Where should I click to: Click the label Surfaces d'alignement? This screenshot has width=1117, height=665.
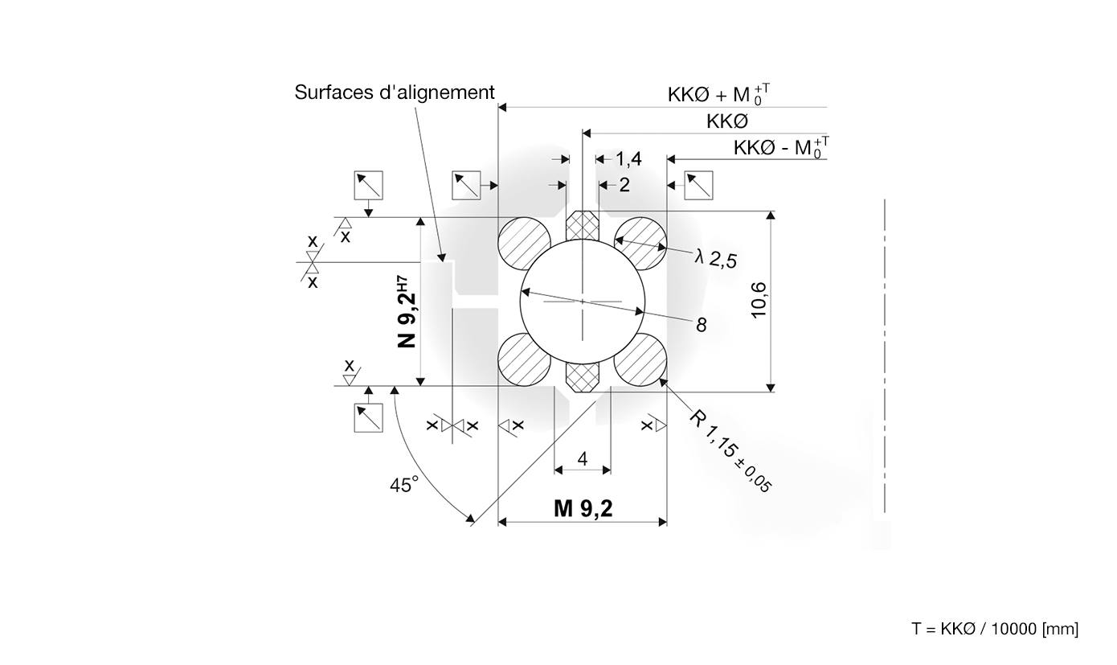(394, 92)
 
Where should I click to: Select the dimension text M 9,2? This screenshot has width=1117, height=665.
(583, 509)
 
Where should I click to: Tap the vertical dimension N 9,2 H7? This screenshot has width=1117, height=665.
(407, 312)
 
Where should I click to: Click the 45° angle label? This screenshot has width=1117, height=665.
(404, 485)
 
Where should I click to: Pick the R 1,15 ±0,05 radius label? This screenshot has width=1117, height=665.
(731, 450)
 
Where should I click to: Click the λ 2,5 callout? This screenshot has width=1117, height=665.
(716, 257)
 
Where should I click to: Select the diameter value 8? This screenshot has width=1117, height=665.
(702, 324)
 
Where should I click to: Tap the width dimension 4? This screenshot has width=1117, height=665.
(583, 458)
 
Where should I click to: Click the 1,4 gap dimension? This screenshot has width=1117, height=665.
(628, 159)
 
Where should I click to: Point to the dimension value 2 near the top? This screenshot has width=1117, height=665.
(624, 185)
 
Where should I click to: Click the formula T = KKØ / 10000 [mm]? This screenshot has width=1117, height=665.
(995, 629)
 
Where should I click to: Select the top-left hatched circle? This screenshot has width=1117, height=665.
(524, 244)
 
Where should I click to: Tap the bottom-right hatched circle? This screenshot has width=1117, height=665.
(641, 359)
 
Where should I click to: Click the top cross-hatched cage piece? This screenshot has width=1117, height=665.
(583, 226)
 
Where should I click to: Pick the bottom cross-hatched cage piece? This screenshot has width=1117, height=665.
(583, 376)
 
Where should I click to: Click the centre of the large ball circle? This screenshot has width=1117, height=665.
(583, 302)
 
